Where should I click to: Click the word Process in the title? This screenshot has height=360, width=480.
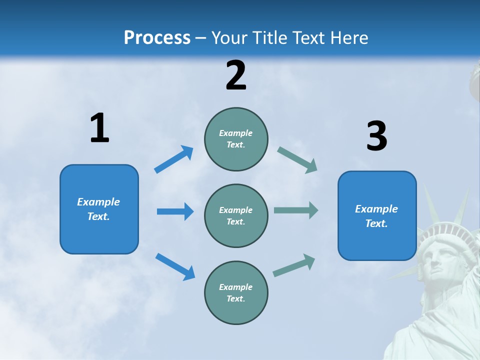pyautogui.click(x=157, y=38)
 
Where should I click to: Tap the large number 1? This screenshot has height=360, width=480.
pyautogui.click(x=99, y=128)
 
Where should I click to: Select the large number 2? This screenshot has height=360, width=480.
pyautogui.click(x=236, y=75)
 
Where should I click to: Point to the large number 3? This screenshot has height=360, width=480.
pyautogui.click(x=376, y=136)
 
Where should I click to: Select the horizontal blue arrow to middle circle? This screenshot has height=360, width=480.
pyautogui.click(x=175, y=211)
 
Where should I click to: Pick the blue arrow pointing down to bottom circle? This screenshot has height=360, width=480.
pyautogui.click(x=175, y=266)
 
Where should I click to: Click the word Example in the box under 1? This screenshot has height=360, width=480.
pyautogui.click(x=98, y=202)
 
